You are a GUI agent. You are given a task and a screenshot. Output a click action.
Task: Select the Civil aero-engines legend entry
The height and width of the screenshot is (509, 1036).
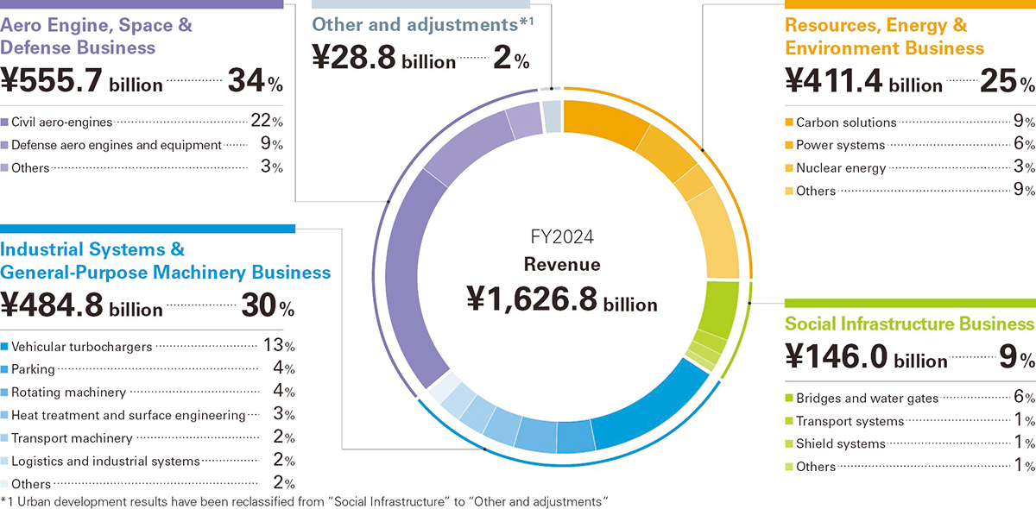pyautogui.click(x=62, y=122)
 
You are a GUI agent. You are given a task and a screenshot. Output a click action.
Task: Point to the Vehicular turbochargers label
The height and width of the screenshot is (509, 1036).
pyautogui.click(x=82, y=347)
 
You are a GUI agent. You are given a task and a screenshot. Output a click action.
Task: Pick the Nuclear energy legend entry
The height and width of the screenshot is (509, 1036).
pyautogui.click(x=841, y=168)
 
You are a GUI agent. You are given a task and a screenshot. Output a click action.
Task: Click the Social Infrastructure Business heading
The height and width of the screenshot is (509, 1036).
pyautogui.click(x=909, y=324)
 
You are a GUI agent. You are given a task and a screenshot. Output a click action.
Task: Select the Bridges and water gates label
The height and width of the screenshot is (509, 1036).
pyautogui.click(x=867, y=399)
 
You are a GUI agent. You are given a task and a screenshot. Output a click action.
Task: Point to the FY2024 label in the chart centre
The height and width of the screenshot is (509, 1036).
pyautogui.click(x=562, y=236)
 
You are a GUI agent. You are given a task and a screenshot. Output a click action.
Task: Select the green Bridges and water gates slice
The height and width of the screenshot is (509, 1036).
pyautogui.click(x=722, y=306)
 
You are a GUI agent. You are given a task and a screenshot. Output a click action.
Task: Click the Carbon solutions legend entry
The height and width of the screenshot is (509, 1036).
pyautogui.click(x=846, y=123)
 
